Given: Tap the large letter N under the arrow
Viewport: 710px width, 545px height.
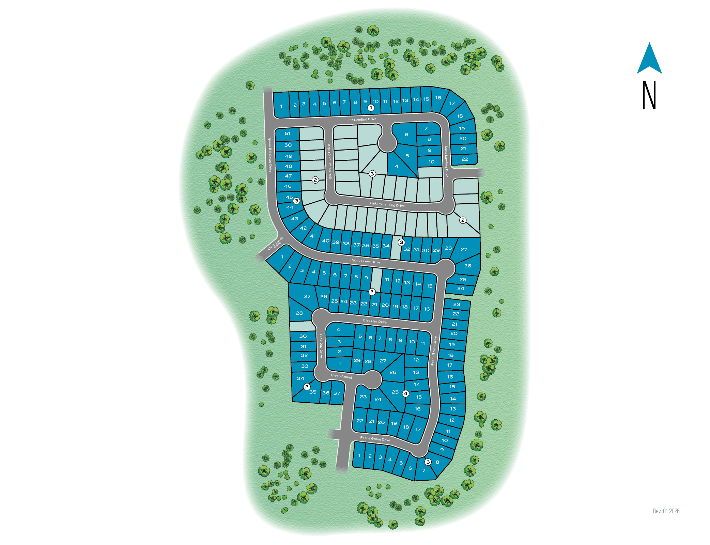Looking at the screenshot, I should pyautogui.click(x=649, y=95).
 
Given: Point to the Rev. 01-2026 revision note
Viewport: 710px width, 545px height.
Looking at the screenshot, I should pyautogui.click(x=666, y=511).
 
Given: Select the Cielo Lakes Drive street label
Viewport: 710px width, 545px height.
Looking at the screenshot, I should pyautogui.click(x=275, y=243).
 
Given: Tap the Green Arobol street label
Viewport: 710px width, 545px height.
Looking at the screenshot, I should pyautogui.click(x=341, y=376).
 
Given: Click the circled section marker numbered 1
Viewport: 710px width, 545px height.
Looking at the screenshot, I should pyautogui.click(x=371, y=108).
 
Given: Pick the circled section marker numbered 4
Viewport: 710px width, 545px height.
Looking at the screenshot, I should pyautogui.click(x=405, y=393).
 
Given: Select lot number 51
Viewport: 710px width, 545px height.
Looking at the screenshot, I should pyautogui.click(x=288, y=134).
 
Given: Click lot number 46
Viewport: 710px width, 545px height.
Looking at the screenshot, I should pyautogui.click(x=288, y=186).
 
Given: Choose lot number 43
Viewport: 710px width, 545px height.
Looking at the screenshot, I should pyautogui.click(x=294, y=219).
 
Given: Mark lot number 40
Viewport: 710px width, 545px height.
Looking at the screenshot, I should pyautogui.click(x=326, y=241).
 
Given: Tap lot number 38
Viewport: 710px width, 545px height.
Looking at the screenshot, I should pyautogui.click(x=346, y=244).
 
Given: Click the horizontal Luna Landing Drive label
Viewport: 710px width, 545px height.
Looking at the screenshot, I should pyautogui.click(x=361, y=120).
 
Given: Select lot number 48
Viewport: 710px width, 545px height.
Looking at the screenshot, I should pyautogui.click(x=288, y=166).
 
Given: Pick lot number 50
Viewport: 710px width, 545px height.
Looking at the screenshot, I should pyautogui.click(x=288, y=145).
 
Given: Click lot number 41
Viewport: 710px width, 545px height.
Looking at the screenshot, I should pyautogui.click(x=313, y=236).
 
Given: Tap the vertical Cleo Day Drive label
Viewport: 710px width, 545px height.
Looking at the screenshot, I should pyautogui.click(x=321, y=346).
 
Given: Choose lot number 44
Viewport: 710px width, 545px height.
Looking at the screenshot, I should pyautogui.click(x=290, y=207).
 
